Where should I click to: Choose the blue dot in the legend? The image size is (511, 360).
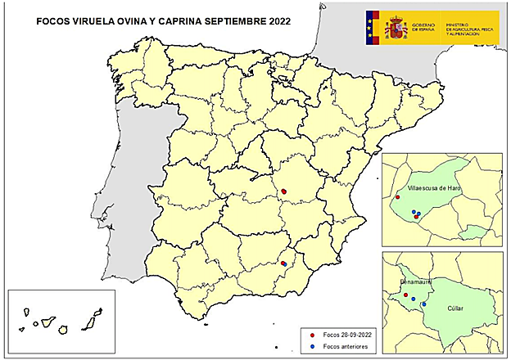click(x=314, y=346)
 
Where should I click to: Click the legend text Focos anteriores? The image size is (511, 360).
click(x=346, y=346)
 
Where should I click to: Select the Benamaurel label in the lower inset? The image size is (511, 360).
click(x=415, y=281)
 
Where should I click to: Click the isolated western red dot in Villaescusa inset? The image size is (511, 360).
click(x=397, y=197)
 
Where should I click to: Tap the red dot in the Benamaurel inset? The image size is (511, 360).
click(x=405, y=295)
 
